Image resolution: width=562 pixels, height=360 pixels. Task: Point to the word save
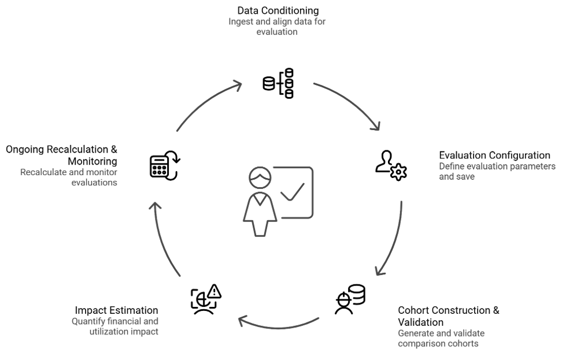[465, 177]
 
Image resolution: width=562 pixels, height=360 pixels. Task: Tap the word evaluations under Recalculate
[94, 182]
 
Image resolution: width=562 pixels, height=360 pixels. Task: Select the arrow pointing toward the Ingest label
[208, 104]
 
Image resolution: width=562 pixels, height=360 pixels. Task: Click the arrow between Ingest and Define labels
[350, 104]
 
